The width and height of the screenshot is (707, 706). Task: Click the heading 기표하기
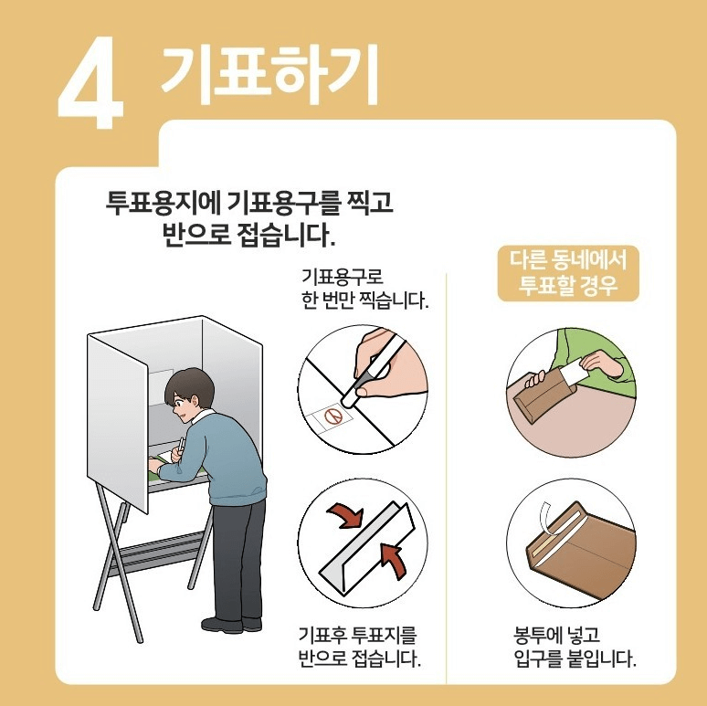tap(269, 70)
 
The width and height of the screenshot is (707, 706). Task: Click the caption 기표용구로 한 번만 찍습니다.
tap(364, 288)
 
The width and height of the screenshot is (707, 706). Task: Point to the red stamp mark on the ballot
tap(333, 417)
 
